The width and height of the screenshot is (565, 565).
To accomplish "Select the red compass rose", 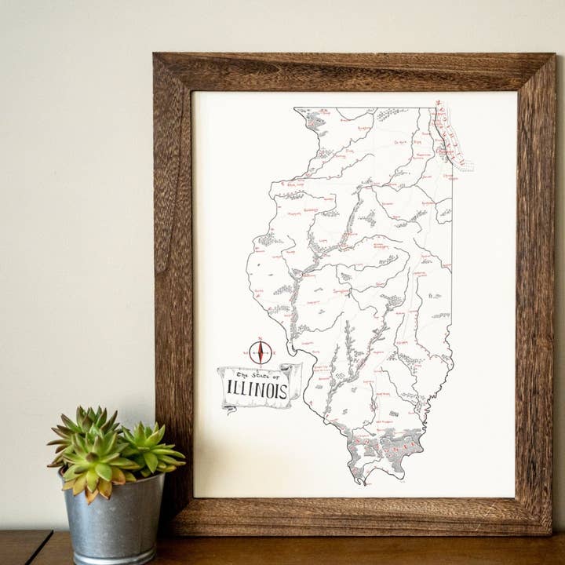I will (x=261, y=352).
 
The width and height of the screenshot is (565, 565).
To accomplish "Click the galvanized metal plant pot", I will (x=114, y=518).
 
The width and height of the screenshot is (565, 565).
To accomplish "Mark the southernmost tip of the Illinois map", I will (x=359, y=480).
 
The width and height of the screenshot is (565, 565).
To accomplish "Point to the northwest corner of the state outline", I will (x=296, y=109).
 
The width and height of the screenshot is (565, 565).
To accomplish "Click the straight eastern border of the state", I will (x=452, y=259).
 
